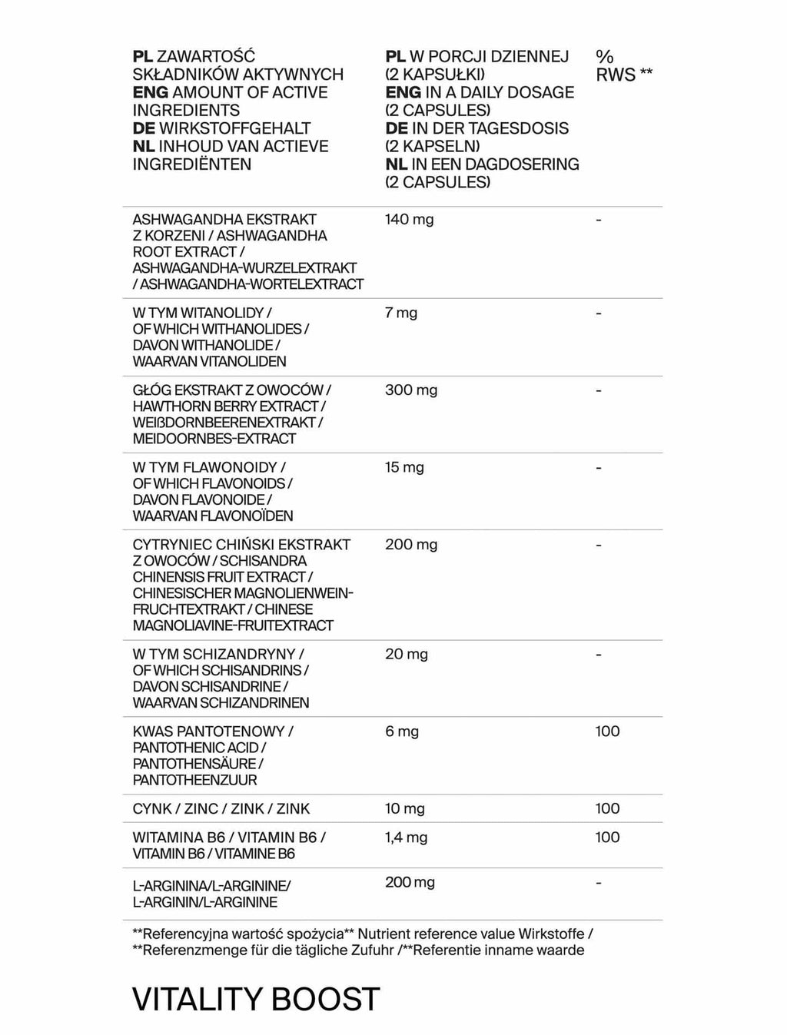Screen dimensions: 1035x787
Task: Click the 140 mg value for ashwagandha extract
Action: point(409,220)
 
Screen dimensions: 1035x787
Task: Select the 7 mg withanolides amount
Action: point(401,313)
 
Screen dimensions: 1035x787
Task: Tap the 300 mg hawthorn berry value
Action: point(411,390)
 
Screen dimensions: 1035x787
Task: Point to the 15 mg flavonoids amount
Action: point(404,467)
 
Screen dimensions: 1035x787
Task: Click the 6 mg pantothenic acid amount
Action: point(402,731)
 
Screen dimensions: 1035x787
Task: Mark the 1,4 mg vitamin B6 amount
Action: point(406,838)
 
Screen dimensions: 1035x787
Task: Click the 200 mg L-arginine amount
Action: point(410,883)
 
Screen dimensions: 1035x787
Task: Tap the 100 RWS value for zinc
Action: point(607,808)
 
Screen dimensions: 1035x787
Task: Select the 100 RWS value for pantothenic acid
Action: point(607,731)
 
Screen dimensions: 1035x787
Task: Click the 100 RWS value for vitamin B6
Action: point(607,838)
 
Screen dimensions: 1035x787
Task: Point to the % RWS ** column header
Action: point(623,65)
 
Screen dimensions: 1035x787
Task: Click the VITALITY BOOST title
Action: point(256,999)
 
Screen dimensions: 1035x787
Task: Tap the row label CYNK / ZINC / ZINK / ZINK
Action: point(221,808)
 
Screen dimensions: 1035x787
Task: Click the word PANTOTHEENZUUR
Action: point(194,780)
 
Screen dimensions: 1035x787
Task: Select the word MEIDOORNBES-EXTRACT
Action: point(214,439)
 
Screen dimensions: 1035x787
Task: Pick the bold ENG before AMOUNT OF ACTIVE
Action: point(150,93)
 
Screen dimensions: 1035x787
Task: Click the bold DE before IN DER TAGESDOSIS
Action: point(396,128)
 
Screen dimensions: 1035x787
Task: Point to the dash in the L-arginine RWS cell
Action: point(599,883)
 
